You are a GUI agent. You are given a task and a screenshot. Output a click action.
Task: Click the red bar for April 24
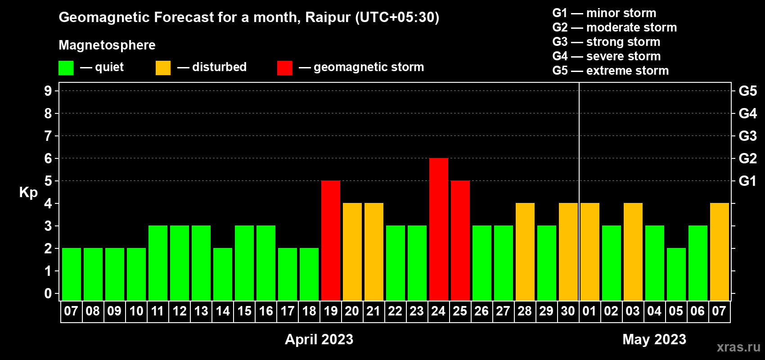438,229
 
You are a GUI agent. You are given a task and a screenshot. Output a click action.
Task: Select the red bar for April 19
331,240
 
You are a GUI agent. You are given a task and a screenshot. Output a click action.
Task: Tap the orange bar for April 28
525,252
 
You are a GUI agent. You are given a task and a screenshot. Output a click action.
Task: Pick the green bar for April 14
223,274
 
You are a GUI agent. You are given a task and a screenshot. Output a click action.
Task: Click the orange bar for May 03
633,252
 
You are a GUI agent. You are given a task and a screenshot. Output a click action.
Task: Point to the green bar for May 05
676,274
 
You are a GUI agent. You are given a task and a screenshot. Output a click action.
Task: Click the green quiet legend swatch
66,67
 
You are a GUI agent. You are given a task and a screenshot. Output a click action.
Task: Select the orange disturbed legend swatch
163,67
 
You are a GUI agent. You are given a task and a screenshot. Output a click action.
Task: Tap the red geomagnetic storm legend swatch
284,67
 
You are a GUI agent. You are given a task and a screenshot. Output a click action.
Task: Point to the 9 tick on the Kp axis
48,91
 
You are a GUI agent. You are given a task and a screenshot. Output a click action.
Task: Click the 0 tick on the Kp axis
48,293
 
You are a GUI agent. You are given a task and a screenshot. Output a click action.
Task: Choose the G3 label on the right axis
747,136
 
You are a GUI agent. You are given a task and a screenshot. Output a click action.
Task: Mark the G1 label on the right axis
747,181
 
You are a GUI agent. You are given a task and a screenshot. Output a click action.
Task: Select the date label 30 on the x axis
568,311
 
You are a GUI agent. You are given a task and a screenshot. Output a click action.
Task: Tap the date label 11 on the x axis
157,311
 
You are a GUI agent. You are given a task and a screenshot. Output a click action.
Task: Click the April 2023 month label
319,339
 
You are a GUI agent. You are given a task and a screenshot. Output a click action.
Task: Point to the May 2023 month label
654,339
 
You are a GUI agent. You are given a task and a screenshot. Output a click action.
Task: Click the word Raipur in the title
328,18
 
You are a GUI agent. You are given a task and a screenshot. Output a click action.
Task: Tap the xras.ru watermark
738,347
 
